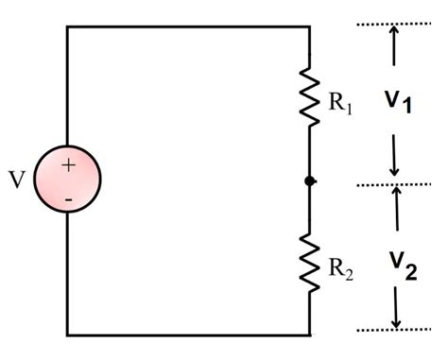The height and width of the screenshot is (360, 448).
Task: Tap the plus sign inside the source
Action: click(68, 164)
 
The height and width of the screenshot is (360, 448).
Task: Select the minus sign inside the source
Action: click(68, 200)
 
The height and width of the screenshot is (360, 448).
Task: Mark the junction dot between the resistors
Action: click(309, 180)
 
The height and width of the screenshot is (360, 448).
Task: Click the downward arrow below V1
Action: click(395, 156)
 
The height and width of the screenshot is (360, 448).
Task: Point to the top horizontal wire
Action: click(189, 26)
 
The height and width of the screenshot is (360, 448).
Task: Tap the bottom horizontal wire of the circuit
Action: click(189, 334)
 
